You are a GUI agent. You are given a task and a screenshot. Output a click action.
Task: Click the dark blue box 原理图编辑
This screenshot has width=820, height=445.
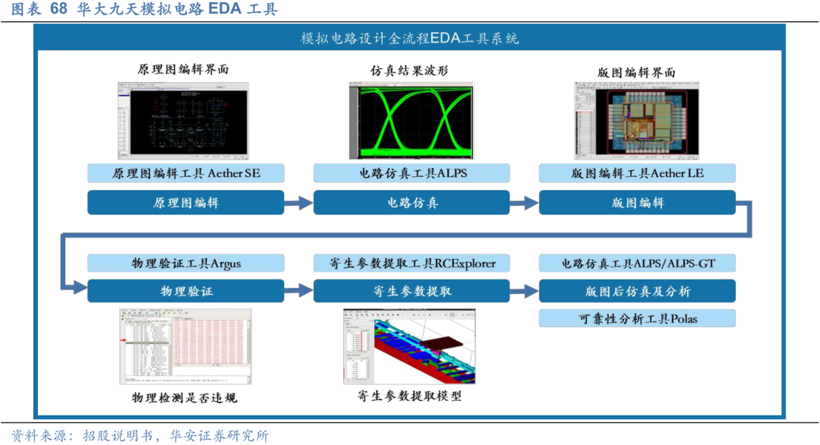(x=186, y=203)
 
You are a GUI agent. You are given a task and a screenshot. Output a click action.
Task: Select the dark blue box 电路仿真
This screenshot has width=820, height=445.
(x=411, y=203)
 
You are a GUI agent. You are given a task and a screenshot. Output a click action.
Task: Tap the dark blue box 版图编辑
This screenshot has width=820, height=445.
(x=637, y=203)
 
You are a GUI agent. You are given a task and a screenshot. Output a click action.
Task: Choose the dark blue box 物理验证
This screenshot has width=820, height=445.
(x=186, y=291)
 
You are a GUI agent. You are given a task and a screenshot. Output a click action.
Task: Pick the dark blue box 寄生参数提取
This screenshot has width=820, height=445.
(x=411, y=291)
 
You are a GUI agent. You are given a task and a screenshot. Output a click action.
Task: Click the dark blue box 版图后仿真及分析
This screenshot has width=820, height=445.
(x=637, y=291)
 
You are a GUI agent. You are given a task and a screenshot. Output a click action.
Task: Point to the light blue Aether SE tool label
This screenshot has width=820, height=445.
(x=186, y=173)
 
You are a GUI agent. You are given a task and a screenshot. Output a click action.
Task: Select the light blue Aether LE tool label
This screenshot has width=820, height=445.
(x=637, y=173)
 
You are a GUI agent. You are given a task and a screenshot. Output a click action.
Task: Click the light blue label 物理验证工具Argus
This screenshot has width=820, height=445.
(x=186, y=264)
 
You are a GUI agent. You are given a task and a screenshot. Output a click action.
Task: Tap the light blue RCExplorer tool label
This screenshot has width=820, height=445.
(x=411, y=264)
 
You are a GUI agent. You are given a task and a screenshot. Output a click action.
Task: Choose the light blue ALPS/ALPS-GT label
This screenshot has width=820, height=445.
(x=637, y=264)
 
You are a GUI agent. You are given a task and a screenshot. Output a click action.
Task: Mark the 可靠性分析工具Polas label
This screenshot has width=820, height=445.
(x=637, y=319)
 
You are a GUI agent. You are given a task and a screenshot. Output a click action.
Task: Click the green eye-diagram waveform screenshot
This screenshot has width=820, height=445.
(x=411, y=122)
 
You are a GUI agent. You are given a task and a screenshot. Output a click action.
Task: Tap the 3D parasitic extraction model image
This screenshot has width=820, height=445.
(x=410, y=346)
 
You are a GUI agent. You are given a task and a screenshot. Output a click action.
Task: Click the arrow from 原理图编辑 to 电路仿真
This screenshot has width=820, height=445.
(x=298, y=203)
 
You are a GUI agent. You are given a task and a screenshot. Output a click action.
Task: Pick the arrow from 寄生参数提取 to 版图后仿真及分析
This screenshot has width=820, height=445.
(x=524, y=291)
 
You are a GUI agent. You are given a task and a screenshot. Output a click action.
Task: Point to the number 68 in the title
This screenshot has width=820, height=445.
(x=58, y=9)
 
